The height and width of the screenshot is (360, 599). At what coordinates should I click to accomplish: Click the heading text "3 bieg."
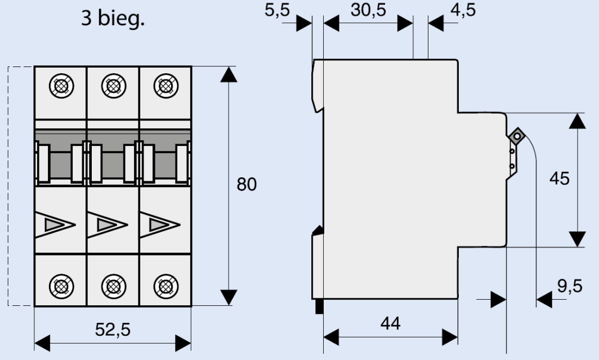click(113, 19)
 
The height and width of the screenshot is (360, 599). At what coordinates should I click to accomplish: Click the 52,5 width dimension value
click(113, 330)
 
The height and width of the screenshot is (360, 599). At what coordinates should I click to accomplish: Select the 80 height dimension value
click(247, 184)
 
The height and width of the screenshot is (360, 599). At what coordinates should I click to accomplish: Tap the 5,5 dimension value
click(278, 10)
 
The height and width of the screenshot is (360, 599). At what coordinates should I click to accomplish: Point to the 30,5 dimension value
click(368, 10)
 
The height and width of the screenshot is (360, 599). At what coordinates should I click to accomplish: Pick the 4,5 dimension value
click(463, 10)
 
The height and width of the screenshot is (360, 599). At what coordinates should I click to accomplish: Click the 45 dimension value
click(559, 179)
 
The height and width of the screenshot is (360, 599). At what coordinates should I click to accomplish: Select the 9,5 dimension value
click(570, 286)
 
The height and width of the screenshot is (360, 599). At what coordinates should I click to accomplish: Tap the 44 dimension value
click(391, 324)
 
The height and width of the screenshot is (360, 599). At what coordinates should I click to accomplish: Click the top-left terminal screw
click(61, 86)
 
